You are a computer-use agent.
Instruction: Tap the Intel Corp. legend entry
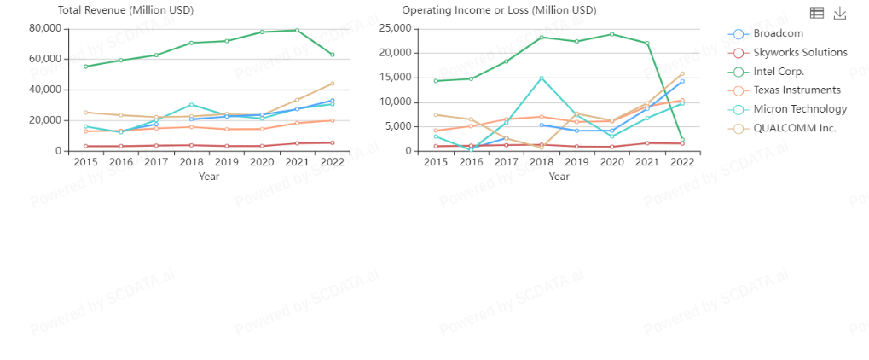tap(778, 71)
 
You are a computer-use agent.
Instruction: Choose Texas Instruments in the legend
tap(797, 90)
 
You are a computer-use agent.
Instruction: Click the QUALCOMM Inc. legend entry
tap(789, 128)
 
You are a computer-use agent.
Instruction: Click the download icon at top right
tap(840, 13)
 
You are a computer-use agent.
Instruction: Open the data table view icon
tap(817, 13)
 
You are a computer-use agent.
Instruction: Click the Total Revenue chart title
tap(125, 10)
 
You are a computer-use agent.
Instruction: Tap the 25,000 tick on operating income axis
tap(397, 28)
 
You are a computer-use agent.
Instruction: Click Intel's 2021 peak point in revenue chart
tap(297, 30)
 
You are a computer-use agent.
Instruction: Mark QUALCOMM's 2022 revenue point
tap(332, 84)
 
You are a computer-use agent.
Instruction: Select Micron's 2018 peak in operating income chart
tap(542, 78)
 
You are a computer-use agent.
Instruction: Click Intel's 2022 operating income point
tap(682, 140)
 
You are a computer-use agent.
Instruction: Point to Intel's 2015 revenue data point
tap(85, 66)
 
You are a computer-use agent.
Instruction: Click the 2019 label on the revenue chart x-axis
tap(226, 161)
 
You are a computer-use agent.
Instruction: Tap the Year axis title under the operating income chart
tap(559, 177)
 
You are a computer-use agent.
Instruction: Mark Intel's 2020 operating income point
tap(611, 34)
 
